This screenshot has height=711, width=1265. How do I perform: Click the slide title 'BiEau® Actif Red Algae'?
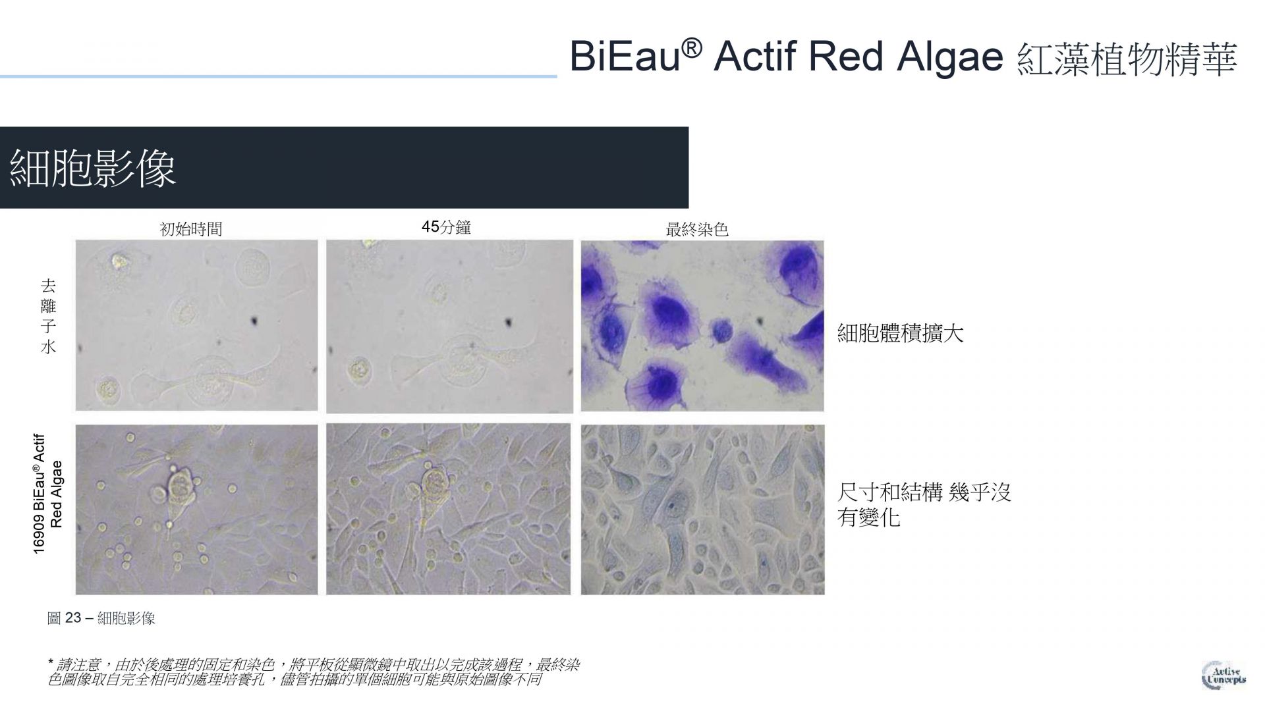[786, 56]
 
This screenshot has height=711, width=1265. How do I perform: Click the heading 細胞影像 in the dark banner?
[93, 168]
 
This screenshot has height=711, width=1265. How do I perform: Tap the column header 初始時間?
[191, 229]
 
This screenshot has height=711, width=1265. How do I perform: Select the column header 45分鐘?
[446, 228]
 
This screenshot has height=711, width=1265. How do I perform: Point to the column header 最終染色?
[697, 230]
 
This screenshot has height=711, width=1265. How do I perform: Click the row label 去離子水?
[48, 316]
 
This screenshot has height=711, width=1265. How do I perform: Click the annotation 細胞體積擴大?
[900, 333]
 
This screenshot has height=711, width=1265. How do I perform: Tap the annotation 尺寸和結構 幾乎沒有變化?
[924, 504]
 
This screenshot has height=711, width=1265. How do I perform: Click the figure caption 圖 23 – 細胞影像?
[101, 618]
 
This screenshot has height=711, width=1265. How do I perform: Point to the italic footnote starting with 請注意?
[314, 671]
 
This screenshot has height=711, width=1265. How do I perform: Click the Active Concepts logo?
[1223, 674]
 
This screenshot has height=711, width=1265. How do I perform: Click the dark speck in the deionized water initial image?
[254, 322]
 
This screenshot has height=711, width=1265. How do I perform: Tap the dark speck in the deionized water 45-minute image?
[509, 323]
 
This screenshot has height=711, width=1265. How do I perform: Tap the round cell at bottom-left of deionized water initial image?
[107, 390]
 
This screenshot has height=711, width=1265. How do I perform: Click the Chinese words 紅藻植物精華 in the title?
[1127, 59]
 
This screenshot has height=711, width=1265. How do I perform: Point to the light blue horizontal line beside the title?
[278, 77]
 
